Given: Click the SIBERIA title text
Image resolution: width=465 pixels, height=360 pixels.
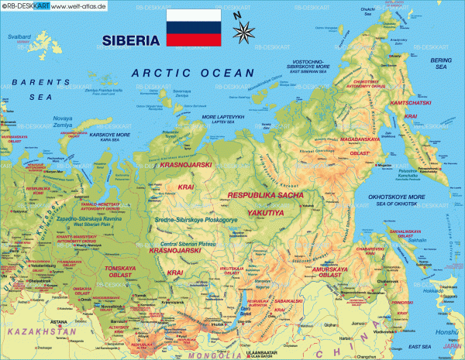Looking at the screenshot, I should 129,40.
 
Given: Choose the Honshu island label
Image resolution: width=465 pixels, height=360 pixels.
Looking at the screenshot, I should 449,332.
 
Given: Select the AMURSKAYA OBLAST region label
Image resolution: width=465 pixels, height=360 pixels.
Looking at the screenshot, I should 331,272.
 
